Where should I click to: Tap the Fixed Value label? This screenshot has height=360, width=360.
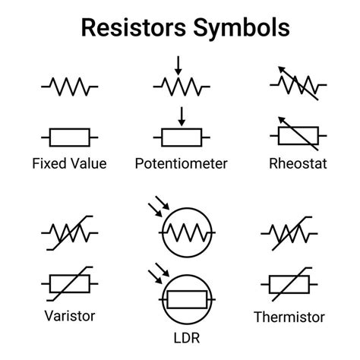point(69,163)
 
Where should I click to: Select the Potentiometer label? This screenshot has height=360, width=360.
point(181,163)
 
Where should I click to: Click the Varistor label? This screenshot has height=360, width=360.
point(69,314)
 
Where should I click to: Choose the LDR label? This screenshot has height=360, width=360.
point(181,334)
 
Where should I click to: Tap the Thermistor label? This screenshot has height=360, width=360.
point(289,317)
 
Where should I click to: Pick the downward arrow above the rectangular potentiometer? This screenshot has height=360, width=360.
point(181,116)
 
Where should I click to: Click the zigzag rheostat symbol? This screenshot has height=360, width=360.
point(295,85)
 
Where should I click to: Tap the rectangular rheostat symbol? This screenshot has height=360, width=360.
point(295,135)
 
